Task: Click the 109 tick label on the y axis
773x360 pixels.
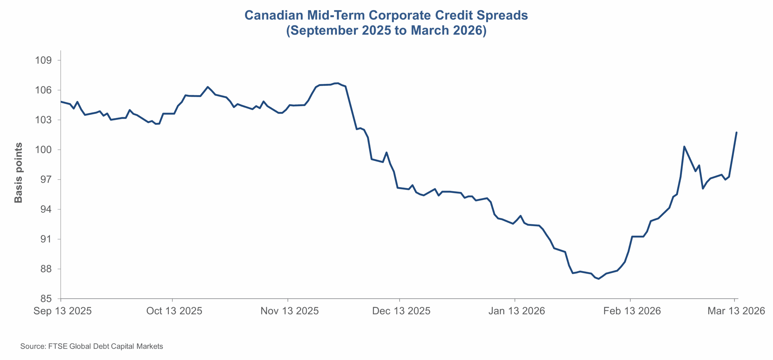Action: (x=43, y=60)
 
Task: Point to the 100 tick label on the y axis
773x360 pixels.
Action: (x=43, y=150)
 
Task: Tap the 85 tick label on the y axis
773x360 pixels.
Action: (x=46, y=299)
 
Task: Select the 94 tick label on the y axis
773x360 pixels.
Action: (x=46, y=209)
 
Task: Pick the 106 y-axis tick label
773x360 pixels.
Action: (x=43, y=90)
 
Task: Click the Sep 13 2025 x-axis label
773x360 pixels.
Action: (x=63, y=311)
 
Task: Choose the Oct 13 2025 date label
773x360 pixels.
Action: (x=174, y=311)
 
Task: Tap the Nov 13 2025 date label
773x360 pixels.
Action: (x=290, y=311)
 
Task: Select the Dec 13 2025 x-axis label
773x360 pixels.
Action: (x=401, y=311)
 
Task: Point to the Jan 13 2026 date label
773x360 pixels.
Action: (x=517, y=311)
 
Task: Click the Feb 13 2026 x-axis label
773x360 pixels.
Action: (x=632, y=311)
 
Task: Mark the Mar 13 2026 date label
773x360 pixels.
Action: (x=736, y=311)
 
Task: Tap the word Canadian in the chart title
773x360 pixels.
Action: (x=274, y=15)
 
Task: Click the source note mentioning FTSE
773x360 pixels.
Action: (x=91, y=346)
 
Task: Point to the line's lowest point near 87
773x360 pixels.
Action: (x=598, y=279)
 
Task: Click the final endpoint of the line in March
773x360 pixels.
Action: (x=736, y=132)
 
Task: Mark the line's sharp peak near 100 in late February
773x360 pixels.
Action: (x=684, y=147)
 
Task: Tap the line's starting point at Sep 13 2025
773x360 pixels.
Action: (x=61, y=102)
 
